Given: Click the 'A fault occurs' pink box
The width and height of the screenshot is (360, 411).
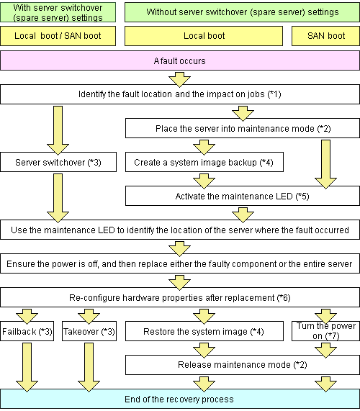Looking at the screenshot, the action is pos(180,60).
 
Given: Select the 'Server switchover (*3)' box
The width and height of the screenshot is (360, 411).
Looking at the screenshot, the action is pos(58,162).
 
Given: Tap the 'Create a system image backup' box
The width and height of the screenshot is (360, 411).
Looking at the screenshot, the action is pos(204,162).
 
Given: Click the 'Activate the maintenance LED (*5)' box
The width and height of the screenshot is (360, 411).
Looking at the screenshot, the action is pos(242,196).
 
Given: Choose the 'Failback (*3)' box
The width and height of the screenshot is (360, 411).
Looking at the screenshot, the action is pos(27,331).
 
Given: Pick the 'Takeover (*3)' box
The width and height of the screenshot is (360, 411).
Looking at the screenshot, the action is pos(89,331).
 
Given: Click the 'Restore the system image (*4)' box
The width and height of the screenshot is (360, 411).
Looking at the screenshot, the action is pos(204,331).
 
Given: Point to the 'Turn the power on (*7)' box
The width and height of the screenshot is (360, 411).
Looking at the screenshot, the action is pos(325,331).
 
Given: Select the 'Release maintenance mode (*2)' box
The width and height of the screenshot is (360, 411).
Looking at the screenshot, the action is pos(242,365).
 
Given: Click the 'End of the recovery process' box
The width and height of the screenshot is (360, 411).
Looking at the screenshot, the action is pos(180,399).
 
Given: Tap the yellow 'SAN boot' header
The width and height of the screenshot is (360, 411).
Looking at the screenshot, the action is pos(325,36).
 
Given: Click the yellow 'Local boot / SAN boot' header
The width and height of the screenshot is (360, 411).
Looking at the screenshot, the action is pos(58,36).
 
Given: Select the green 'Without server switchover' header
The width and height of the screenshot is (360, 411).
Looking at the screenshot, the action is pos(242,12).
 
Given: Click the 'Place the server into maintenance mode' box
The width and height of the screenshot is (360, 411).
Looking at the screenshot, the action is pos(242,128).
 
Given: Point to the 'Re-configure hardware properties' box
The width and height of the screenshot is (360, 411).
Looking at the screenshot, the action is pos(180,297).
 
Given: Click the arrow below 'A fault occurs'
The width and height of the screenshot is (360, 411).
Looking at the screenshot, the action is pos(179,79).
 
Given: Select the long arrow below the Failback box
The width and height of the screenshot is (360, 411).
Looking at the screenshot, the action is pos(27,368).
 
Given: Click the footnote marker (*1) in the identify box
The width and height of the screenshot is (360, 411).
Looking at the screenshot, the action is pos(274,94).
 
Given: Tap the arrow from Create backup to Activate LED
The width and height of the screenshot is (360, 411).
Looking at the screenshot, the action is pos(204,181).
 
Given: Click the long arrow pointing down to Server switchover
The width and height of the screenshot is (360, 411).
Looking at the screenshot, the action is pos(58,130).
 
